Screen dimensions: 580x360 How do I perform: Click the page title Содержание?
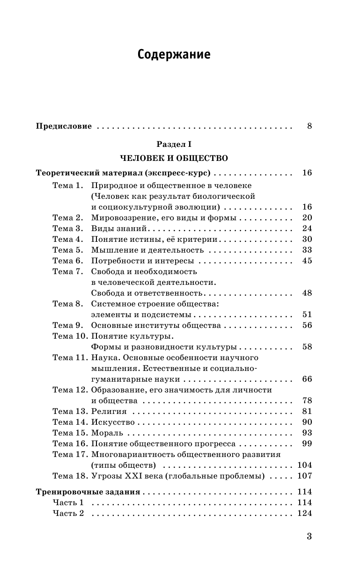click(174, 55)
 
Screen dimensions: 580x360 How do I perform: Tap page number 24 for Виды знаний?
click(307, 228)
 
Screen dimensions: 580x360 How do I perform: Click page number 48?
click(307, 293)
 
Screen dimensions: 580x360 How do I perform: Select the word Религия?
click(109, 411)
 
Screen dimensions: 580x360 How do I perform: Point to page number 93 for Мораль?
click(307, 433)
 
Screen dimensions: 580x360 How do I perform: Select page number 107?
click(305, 476)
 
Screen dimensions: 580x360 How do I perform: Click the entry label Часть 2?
click(68, 513)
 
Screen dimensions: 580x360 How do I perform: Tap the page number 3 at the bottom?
click(309, 536)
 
